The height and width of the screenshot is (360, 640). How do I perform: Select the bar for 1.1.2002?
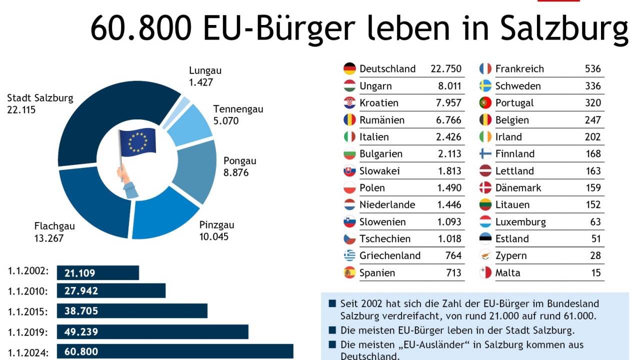pyautogui.click(x=97, y=273)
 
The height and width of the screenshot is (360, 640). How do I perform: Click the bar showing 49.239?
pyautogui.click(x=152, y=332)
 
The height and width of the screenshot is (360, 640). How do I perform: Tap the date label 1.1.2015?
pyautogui.click(x=28, y=311)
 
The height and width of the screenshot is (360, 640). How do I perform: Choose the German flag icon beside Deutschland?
pyautogui.click(x=349, y=69)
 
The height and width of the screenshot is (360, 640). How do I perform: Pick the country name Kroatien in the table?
pyautogui.click(x=379, y=103)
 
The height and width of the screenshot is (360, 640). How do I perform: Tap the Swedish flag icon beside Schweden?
pyautogui.click(x=485, y=86)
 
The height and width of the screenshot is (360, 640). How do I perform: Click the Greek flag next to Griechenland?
pyautogui.click(x=349, y=256)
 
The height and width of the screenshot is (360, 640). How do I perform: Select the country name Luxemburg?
pyautogui.click(x=520, y=222)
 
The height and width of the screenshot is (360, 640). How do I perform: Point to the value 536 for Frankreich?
pyautogui.click(x=592, y=69)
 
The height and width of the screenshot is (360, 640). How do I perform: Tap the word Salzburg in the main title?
pyautogui.click(x=564, y=29)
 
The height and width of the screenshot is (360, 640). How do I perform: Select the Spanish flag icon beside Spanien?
pyautogui.click(x=349, y=273)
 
